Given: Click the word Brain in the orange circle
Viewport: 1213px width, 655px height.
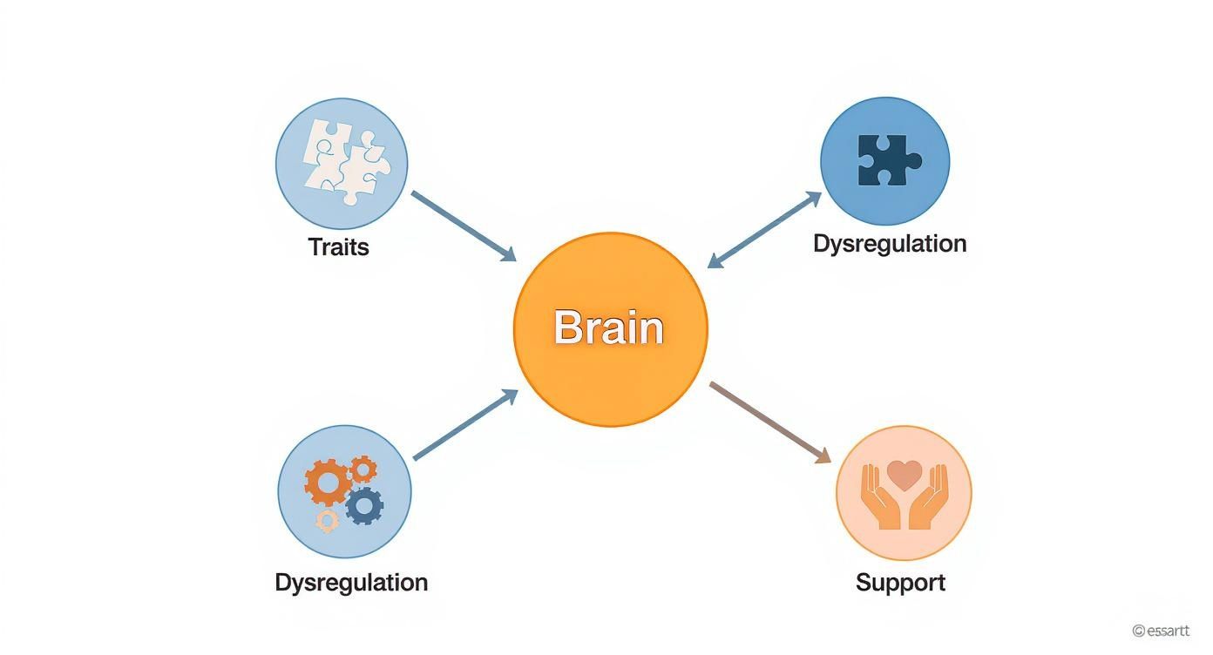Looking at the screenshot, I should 609,328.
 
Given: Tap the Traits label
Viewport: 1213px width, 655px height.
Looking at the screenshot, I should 338,247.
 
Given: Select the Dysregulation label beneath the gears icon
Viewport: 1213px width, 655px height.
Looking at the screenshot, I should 351,582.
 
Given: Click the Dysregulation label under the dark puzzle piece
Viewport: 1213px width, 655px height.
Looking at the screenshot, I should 890,243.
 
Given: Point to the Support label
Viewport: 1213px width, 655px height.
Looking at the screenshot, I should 900,582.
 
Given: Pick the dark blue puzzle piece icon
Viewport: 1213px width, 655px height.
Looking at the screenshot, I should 888,160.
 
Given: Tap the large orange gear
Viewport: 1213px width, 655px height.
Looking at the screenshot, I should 328,482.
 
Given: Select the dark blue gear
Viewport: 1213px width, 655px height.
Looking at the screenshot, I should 364,504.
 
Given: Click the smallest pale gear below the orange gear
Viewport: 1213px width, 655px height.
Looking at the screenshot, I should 327,521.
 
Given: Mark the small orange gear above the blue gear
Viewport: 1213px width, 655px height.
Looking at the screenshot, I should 363,469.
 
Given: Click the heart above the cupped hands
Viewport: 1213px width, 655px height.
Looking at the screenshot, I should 904,475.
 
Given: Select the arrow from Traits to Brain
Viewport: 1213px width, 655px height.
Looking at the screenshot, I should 463,226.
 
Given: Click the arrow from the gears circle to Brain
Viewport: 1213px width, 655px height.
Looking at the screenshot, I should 465,425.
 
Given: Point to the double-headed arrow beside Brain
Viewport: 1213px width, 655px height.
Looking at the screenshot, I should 764,230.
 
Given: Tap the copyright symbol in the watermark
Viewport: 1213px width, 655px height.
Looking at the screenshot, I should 1138,631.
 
